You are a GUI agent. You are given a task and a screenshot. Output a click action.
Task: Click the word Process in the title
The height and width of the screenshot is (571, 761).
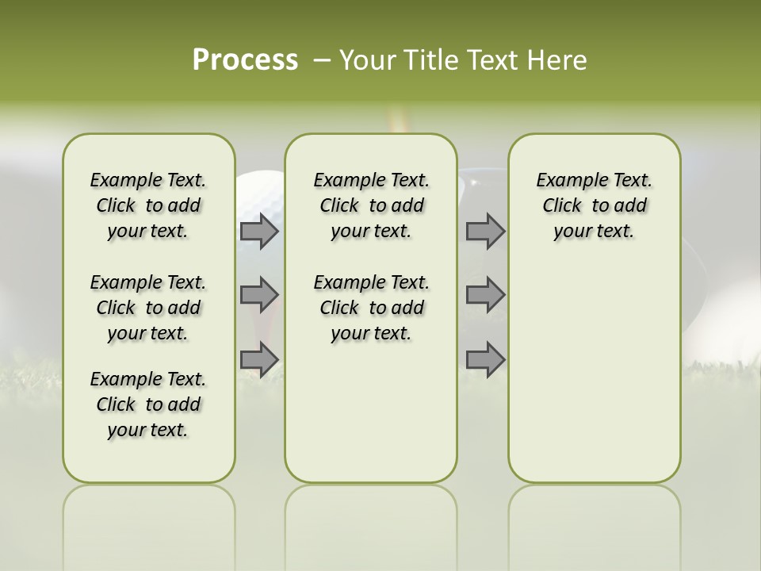(x=245, y=60)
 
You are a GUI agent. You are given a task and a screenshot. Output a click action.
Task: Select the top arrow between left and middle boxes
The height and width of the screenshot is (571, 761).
(x=259, y=232)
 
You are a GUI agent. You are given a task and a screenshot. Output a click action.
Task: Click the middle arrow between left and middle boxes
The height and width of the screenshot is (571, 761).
(x=259, y=295)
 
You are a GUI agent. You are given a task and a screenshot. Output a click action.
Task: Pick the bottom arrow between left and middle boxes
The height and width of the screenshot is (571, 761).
(x=259, y=359)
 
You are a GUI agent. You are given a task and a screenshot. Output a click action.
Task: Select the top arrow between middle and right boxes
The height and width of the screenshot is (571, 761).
(x=485, y=232)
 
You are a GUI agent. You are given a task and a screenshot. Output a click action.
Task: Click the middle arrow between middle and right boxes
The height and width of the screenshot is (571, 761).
(x=485, y=295)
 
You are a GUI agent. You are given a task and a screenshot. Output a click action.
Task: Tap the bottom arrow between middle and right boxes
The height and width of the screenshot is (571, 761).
(x=485, y=359)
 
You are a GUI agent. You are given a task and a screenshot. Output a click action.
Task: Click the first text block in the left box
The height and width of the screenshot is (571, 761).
(x=148, y=205)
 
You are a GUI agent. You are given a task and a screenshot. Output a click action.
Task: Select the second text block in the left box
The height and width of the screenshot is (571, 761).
(x=148, y=308)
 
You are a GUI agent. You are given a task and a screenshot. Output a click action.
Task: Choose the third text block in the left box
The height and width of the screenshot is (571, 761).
(x=148, y=404)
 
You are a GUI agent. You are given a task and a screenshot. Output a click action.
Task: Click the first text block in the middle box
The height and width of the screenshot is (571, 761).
(x=371, y=205)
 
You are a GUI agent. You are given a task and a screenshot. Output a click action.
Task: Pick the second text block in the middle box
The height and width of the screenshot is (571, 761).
(x=371, y=308)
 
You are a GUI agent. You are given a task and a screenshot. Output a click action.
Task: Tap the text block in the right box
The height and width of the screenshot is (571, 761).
(x=594, y=205)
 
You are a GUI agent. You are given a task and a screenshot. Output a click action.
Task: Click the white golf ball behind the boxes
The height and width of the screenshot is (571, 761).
(x=259, y=198)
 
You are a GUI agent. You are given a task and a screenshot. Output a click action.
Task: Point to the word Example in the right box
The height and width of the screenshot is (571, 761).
(x=565, y=181)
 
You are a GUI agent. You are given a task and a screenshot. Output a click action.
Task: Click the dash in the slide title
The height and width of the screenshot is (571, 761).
(x=322, y=60)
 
